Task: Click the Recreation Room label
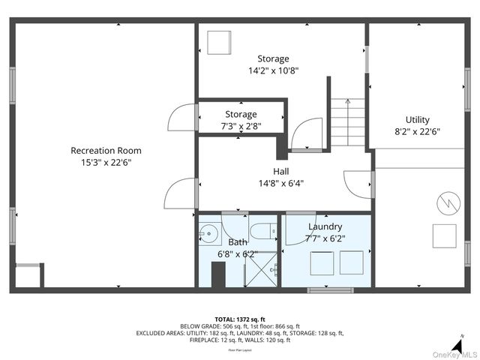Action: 106,151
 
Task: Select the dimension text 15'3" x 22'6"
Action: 106,162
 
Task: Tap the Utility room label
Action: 418,119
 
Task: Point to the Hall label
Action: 281,171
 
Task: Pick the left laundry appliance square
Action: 322,263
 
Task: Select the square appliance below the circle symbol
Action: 444,235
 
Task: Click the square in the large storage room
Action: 220,42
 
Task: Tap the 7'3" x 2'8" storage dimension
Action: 241,126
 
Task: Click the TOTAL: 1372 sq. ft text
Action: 240,319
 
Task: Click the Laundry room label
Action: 325,226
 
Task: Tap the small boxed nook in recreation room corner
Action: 28,275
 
